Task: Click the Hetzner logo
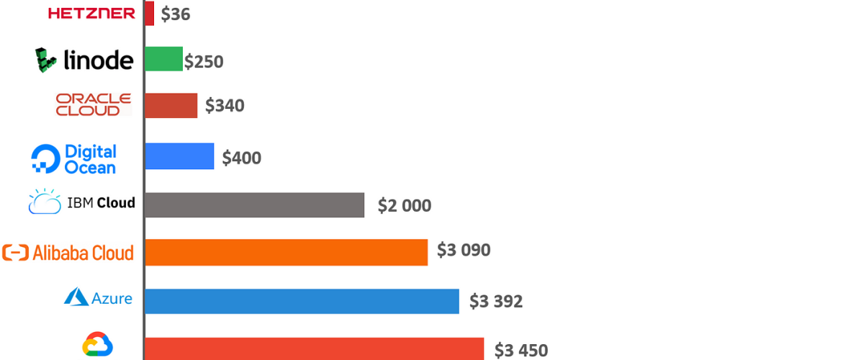click(91, 13)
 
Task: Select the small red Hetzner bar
click(149, 13)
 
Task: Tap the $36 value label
click(176, 14)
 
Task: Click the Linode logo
click(84, 60)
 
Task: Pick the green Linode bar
click(163, 59)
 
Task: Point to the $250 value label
click(204, 62)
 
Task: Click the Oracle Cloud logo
click(94, 104)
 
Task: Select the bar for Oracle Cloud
click(171, 105)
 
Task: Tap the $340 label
click(225, 106)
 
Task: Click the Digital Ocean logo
click(74, 159)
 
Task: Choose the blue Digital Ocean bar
click(179, 156)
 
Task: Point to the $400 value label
click(242, 158)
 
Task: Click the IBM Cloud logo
click(81, 202)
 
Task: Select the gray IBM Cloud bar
click(254, 204)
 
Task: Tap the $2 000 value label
click(405, 206)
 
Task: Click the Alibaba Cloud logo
click(68, 253)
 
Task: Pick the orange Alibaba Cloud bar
click(286, 252)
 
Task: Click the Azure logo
click(99, 297)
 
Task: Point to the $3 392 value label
click(496, 301)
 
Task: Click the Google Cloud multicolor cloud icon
click(98, 346)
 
